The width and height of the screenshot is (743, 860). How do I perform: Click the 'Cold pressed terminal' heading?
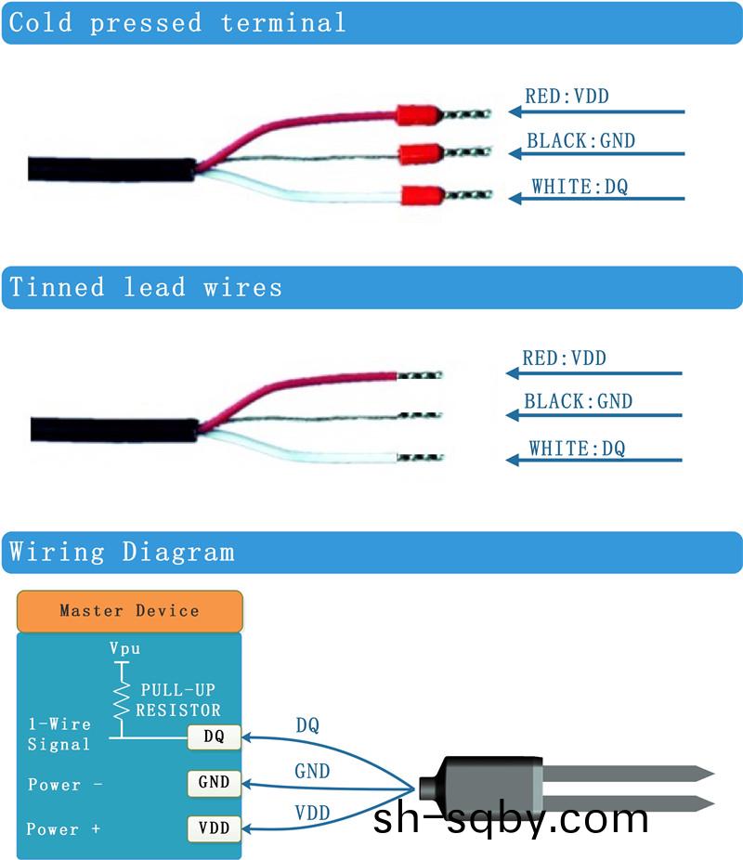[x=177, y=23]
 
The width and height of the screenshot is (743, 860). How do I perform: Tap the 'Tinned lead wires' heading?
[x=146, y=288]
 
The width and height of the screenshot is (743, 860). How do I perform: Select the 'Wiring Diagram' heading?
[x=122, y=553]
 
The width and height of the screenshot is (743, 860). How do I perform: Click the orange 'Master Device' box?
[x=129, y=611]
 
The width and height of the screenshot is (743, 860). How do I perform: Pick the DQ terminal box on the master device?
[x=214, y=737]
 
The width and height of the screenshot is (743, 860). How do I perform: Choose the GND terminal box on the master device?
[x=214, y=782]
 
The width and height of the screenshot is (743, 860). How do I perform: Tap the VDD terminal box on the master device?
[x=214, y=827]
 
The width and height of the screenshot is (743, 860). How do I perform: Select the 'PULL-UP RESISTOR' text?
[x=179, y=701]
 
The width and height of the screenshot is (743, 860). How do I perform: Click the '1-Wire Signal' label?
[x=59, y=735]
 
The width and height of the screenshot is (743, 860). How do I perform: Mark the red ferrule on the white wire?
[x=420, y=196]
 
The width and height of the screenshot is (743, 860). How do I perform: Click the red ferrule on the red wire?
[x=417, y=115]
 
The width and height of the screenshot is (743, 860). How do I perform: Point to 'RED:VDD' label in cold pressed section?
[x=567, y=96]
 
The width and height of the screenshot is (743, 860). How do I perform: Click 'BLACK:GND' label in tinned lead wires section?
[x=578, y=402]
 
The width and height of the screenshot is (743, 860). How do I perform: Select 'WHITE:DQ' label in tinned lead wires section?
[x=577, y=450]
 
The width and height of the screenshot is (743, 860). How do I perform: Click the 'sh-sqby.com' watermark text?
[x=511, y=819]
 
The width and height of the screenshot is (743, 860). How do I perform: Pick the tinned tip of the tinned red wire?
[x=419, y=375]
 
